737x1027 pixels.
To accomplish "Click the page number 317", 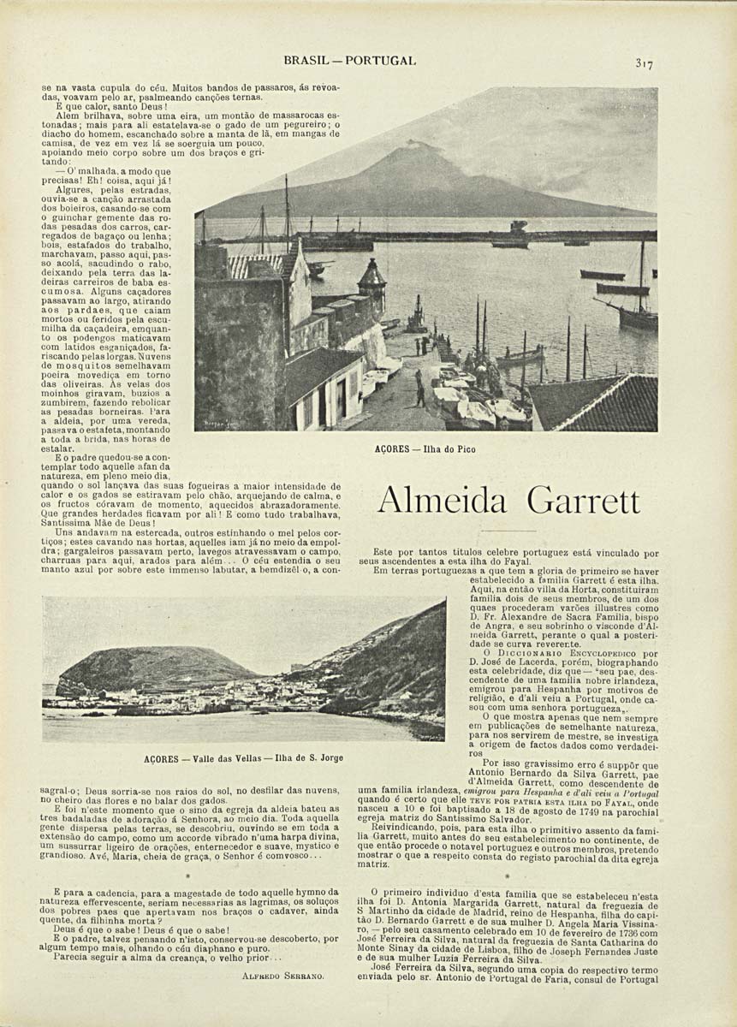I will click(x=645, y=62).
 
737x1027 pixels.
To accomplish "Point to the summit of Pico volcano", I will click(x=414, y=145).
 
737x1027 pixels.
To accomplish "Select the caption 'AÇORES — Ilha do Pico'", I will click(x=425, y=448).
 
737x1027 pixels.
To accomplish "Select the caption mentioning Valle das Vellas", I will click(x=244, y=758).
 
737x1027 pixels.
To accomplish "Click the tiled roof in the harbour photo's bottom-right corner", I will click(x=599, y=402).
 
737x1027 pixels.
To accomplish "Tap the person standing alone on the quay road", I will click(x=419, y=391).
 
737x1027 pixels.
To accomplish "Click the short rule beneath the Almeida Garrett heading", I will click(x=508, y=531).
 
